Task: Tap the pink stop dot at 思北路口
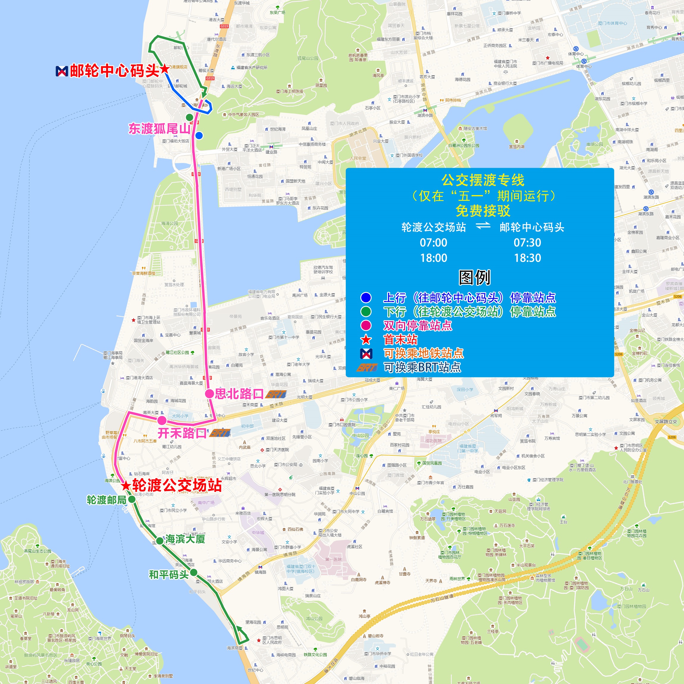pos(209,394)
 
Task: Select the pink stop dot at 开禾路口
pos(162,420)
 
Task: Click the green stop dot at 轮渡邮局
pos(132,499)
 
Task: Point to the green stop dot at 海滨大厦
pos(160,541)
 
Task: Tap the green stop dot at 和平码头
pos(193,572)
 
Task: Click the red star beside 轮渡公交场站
pos(126,485)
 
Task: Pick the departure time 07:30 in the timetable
pos(527,242)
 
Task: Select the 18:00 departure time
pos(433,258)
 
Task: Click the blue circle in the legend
pos(366,297)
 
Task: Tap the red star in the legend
pos(366,340)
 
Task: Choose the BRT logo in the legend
pos(367,368)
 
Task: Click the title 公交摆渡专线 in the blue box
pos(483,180)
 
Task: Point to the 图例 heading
pos(474,277)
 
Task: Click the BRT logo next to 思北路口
pos(276,394)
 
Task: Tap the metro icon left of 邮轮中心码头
pos(62,71)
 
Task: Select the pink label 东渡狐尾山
pos(159,128)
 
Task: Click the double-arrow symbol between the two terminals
pos(483,225)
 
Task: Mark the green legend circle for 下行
pos(366,312)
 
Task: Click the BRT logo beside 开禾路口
pos(220,433)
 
